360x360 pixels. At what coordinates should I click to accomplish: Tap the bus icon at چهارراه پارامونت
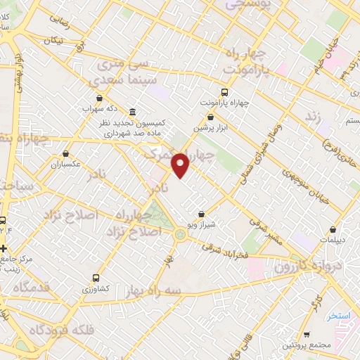point(224,92)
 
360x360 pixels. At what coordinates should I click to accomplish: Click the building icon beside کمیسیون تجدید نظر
point(132,112)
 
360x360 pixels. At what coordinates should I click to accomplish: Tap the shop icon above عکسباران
point(66,153)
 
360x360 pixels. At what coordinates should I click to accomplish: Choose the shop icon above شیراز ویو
point(202,214)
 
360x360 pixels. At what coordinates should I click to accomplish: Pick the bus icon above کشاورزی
point(96,277)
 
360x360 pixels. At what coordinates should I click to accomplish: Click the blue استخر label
point(338,316)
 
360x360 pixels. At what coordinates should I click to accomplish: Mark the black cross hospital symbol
point(4,248)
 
